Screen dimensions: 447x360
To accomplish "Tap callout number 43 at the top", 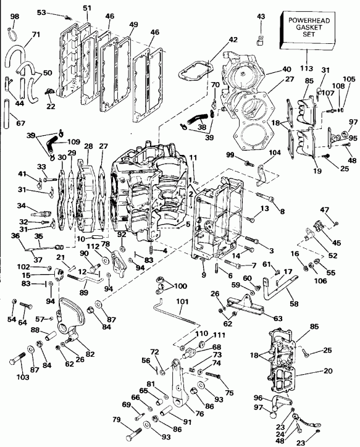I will point(260,16).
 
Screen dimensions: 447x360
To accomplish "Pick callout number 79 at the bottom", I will point(116,421).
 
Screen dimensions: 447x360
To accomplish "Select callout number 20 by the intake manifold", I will point(326,372).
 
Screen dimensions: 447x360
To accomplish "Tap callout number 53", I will point(59,12).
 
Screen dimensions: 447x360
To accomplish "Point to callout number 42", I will point(233,39).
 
